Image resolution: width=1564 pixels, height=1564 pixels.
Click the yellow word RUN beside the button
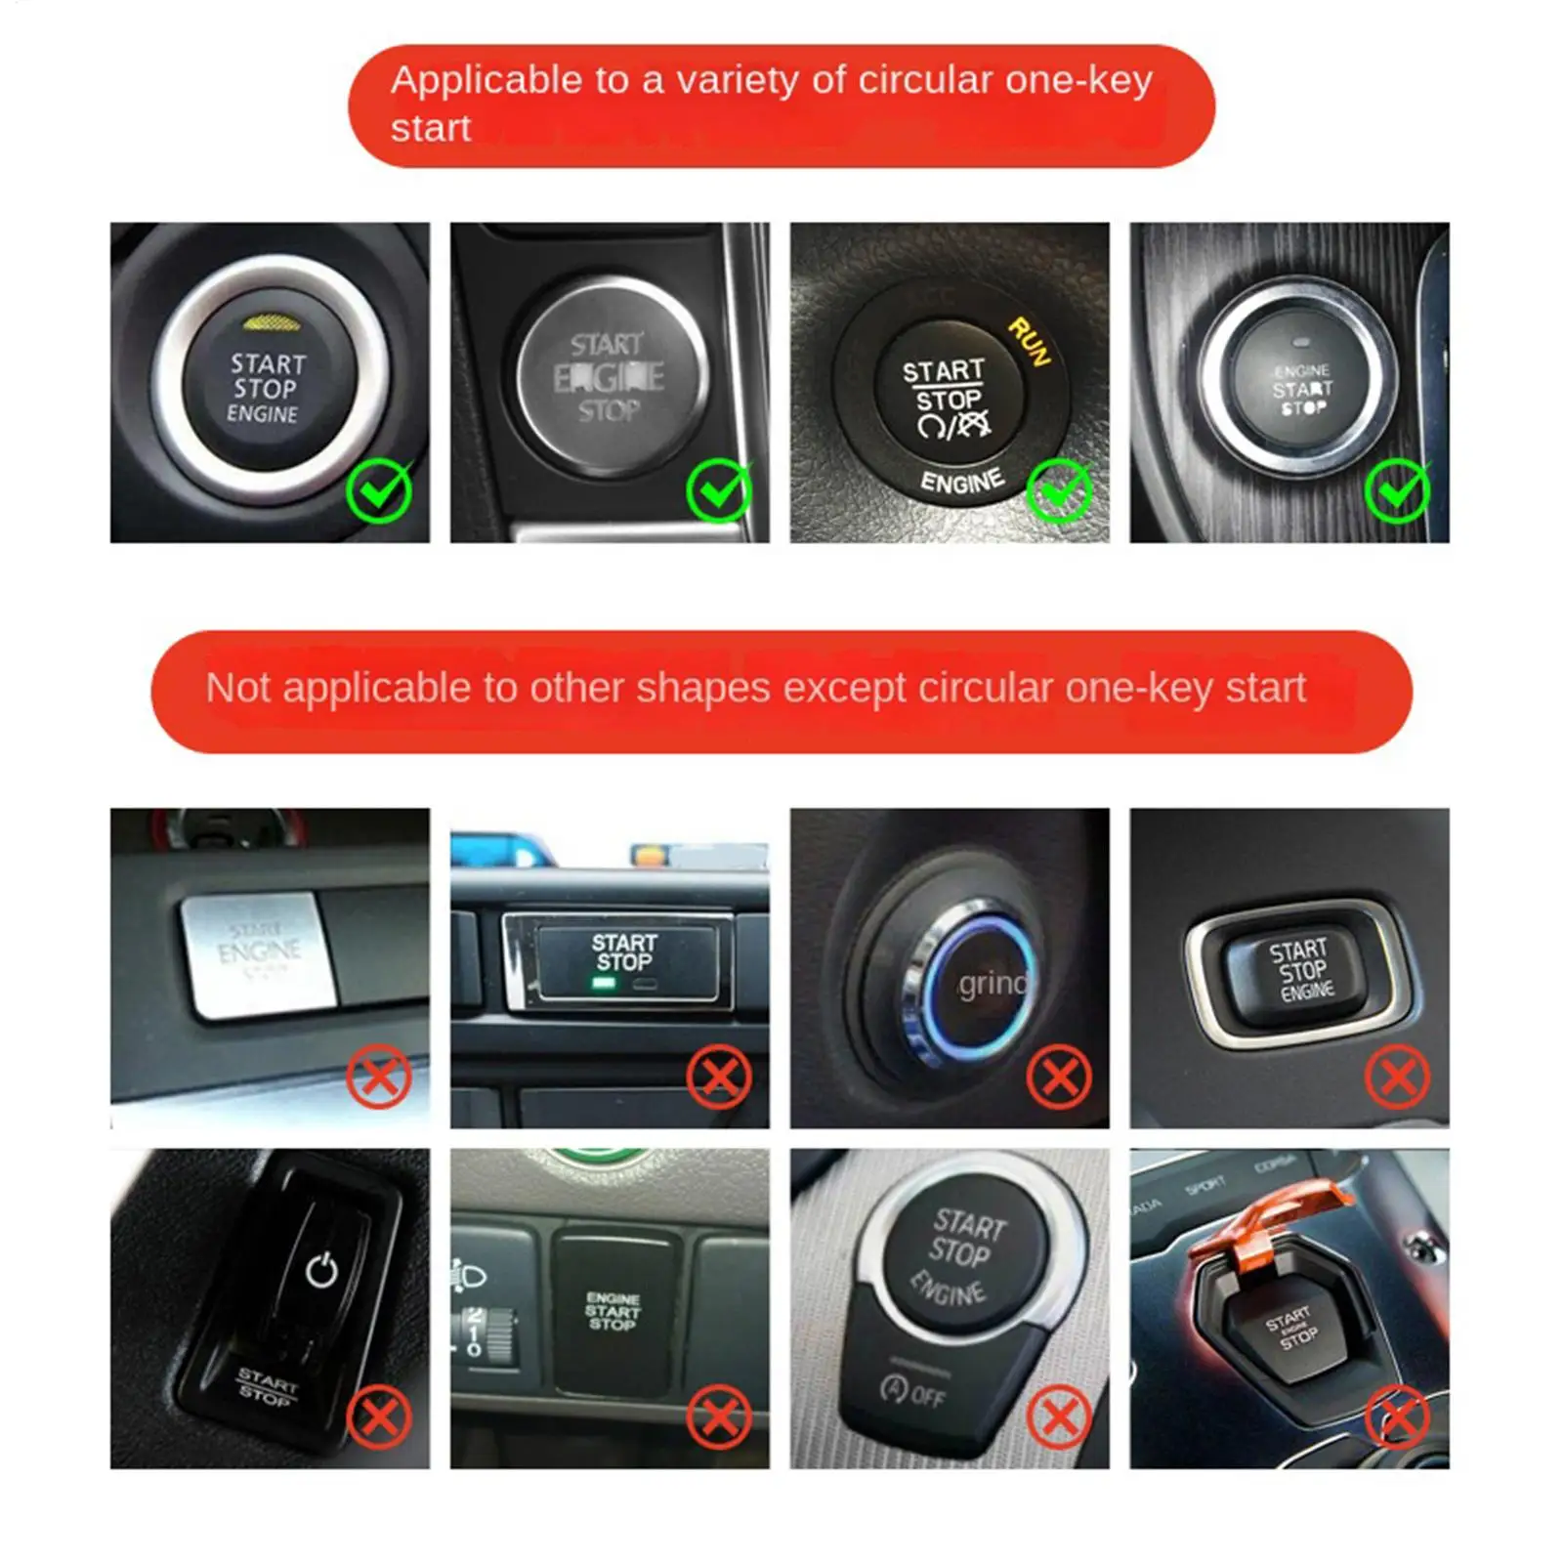[1029, 342]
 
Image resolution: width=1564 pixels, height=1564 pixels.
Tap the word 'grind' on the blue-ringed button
[992, 983]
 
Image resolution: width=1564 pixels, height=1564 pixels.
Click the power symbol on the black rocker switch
[321, 1270]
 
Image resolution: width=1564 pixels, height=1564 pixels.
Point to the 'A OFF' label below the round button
[912, 1391]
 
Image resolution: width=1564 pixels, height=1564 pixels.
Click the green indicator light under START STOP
[604, 983]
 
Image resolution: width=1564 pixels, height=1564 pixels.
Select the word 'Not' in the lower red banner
[238, 689]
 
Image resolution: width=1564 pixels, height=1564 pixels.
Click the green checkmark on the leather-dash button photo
[1059, 490]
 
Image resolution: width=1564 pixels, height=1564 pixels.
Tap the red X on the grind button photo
[1059, 1077]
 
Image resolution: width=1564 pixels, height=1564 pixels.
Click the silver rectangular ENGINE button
[258, 952]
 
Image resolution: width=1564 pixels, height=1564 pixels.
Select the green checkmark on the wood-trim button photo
[1398, 490]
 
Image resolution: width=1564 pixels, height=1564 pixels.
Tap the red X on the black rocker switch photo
[378, 1416]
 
